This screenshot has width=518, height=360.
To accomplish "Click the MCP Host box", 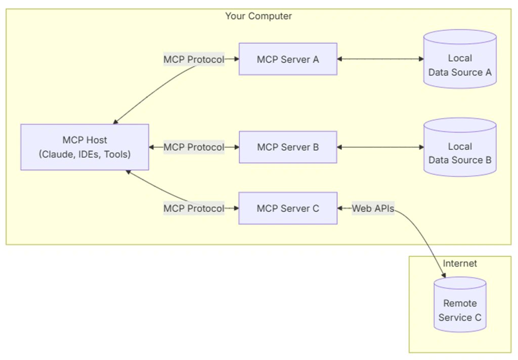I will click(84, 147).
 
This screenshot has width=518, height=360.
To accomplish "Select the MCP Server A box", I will click(288, 59).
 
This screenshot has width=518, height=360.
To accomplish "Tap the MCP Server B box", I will click(288, 147).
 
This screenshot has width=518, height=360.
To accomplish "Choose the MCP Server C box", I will click(288, 208).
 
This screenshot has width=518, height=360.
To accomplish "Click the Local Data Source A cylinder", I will click(460, 59).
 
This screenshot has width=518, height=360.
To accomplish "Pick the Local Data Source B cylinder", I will click(460, 147).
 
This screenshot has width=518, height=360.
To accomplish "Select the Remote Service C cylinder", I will click(460, 305).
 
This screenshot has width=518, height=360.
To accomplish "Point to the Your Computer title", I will click(258, 16).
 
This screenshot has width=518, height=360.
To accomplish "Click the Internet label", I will click(460, 263).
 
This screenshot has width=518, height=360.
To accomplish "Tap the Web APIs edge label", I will click(373, 208).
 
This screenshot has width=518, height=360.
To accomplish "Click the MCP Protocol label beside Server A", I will click(193, 59).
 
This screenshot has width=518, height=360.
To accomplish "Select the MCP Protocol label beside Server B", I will click(193, 147).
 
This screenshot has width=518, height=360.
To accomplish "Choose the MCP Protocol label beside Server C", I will click(193, 208).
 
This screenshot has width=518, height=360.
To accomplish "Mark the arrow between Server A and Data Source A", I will click(380, 59).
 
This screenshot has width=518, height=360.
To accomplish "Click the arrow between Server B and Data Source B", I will click(380, 147).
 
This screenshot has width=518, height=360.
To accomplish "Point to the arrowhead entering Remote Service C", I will click(444, 275).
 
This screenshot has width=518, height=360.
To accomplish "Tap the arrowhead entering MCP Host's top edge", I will click(115, 122).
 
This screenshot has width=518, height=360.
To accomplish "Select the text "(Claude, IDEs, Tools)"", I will click(84, 154).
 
